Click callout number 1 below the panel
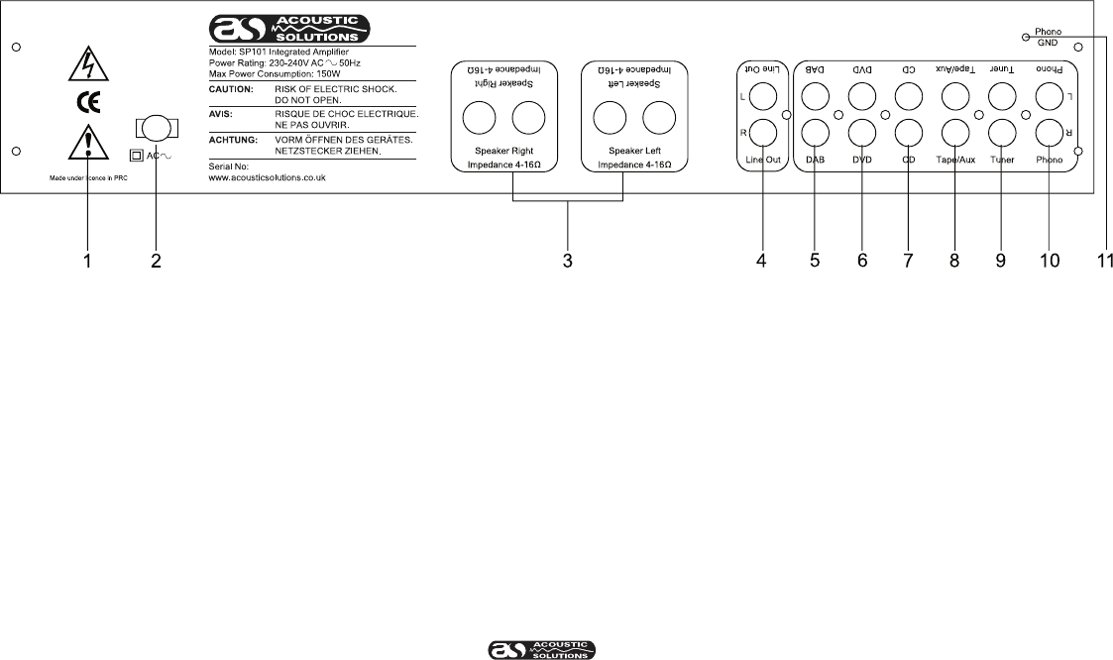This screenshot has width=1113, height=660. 88,262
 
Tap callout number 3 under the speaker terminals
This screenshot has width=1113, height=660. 568,262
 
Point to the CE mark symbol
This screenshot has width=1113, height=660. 88,102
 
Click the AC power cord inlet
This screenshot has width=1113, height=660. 154,129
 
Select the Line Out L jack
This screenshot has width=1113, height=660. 763,96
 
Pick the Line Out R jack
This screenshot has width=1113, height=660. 763,132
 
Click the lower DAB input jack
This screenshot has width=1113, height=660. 815,132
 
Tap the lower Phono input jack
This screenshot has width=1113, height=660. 1050,132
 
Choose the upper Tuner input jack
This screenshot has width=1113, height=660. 1002,96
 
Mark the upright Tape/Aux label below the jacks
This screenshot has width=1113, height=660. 955,158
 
